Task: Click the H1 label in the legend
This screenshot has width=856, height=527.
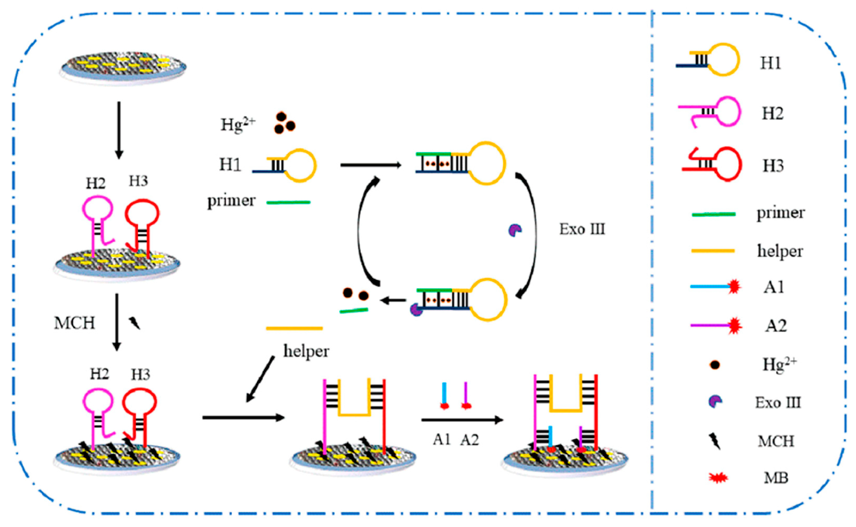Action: pos(770,63)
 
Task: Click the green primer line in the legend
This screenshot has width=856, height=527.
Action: pos(713,214)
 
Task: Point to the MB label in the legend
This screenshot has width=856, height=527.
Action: pos(776,477)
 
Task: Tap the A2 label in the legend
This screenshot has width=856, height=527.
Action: pos(776,326)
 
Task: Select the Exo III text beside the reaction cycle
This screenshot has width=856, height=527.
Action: pos(582,229)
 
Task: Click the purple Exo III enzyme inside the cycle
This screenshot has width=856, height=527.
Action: pos(515,230)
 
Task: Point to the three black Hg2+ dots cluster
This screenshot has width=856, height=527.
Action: pos(284,123)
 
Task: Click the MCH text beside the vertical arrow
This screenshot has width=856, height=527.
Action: pos(74,323)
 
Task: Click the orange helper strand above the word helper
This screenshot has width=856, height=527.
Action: pos(294,328)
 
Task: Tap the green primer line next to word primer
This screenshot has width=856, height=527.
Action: pos(288,203)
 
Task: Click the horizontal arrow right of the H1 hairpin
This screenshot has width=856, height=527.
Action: pos(370,165)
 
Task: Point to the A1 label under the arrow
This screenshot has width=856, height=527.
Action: pos(442,439)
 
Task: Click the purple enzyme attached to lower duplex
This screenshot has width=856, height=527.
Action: pos(416,310)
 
